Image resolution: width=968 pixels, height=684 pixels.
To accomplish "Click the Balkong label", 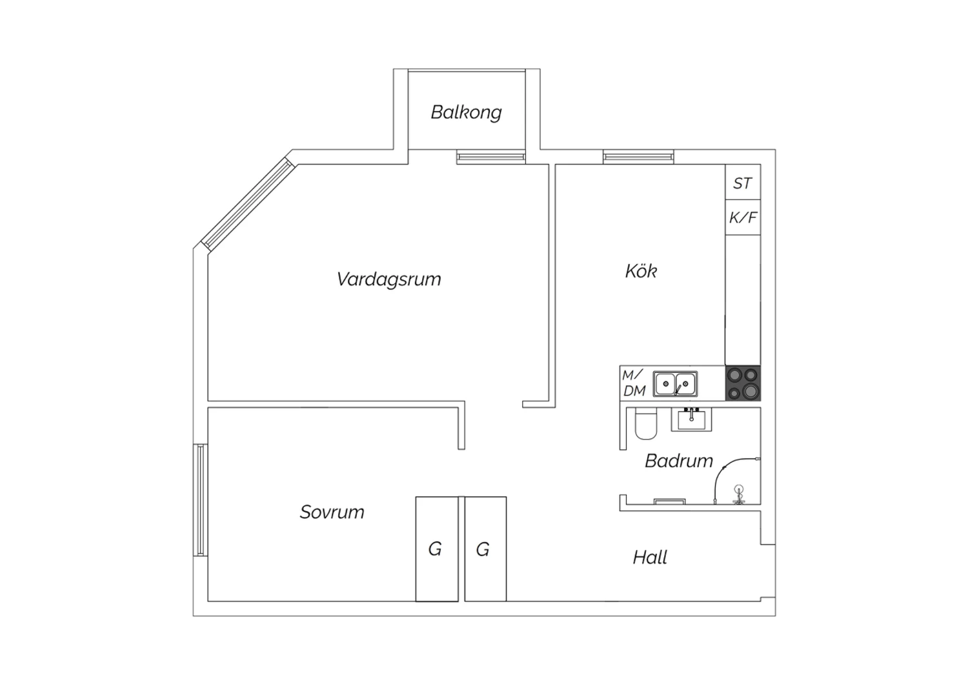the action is [x=466, y=112].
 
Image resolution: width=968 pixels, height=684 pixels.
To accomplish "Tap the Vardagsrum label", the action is [x=388, y=279].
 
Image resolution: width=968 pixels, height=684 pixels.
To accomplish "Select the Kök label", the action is [x=641, y=271].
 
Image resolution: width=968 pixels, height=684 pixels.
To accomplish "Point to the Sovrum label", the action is [x=332, y=512].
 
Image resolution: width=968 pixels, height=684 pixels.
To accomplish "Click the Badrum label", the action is [x=678, y=461].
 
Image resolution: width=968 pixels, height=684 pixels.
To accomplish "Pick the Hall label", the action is [x=650, y=558].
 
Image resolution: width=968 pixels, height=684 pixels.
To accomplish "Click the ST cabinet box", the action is [x=743, y=182].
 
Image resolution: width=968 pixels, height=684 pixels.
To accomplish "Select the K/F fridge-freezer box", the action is [x=743, y=217].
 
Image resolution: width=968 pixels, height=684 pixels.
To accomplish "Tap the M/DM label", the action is [x=634, y=383].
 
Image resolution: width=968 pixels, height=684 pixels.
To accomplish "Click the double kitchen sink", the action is [x=675, y=384].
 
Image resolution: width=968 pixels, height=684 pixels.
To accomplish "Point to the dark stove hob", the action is [x=743, y=383].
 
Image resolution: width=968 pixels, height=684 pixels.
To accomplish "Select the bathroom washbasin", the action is [x=691, y=419].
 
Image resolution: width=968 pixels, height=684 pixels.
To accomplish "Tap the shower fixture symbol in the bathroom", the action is [x=739, y=494].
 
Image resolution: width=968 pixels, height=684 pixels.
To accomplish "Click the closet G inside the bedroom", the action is [x=437, y=548].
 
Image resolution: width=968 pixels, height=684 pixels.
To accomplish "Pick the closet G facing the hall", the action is [x=486, y=548].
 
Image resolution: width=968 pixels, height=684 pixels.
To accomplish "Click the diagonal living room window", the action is [x=248, y=204].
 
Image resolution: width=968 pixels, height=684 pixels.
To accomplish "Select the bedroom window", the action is [x=201, y=500].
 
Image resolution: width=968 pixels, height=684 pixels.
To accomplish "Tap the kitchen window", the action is [x=638, y=156].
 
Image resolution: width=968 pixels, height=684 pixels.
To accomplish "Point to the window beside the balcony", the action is [x=491, y=156].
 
